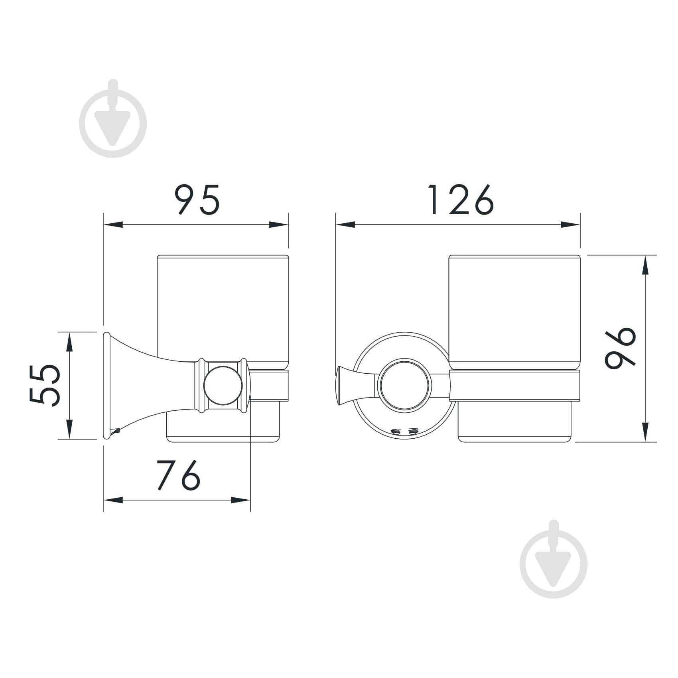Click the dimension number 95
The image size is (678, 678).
pos(197,199)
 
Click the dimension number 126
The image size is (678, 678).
pos(461,199)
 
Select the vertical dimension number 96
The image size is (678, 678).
pos(620,348)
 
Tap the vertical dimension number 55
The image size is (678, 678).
pos(45,385)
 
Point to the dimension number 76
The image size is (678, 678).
pos(178,475)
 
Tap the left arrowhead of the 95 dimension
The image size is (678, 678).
pos(113,225)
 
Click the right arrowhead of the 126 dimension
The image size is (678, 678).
pos(570,225)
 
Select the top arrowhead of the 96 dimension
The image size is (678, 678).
pos(645,265)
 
